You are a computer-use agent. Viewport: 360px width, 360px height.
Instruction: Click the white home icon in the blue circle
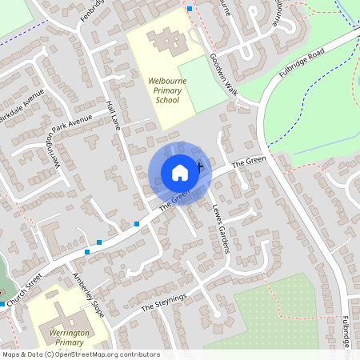pos(179,172)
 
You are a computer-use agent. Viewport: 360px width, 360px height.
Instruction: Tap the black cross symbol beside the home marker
pos(198,166)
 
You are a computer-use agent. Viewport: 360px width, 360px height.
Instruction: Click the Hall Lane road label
pos(113,116)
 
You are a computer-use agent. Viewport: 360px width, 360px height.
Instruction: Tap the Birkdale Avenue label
pos(22,106)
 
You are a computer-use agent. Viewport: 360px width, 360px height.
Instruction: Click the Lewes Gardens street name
pos(221,227)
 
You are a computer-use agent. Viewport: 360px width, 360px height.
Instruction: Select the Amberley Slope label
pos(87,292)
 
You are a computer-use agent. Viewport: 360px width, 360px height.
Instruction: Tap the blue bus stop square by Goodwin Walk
pos(190,8)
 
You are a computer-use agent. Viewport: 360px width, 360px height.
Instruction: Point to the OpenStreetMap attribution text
pos(81,354)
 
